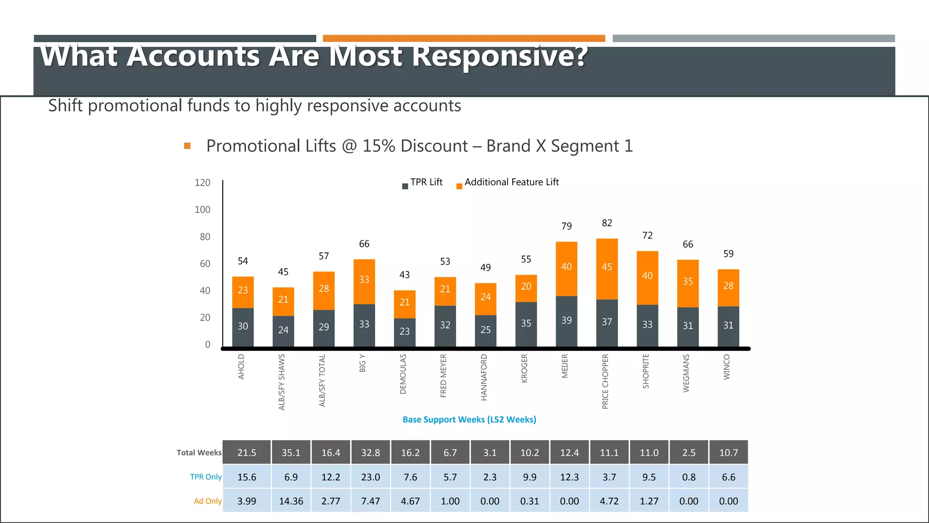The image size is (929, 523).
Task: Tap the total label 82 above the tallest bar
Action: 607,223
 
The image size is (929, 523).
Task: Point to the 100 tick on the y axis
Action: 202,210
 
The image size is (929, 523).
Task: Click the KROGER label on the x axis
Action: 524,368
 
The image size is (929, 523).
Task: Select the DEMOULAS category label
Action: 403,374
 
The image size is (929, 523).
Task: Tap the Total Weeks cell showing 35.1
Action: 291,453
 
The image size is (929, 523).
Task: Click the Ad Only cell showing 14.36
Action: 291,501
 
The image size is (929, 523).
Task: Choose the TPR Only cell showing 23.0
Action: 371,477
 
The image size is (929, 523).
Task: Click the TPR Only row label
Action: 205,477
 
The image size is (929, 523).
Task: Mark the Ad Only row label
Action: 207,501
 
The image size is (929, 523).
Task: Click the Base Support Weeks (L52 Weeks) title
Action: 469,419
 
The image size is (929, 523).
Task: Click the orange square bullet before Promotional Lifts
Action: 187,146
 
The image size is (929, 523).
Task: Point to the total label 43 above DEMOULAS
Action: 404,275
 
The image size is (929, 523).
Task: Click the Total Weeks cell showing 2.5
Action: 689,453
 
